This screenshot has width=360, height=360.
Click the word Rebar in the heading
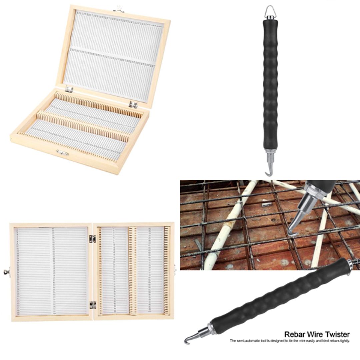point(295,334)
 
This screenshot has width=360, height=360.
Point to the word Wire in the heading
point(316,334)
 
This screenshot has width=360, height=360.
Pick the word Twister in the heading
point(338,334)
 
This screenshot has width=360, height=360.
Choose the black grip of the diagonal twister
point(283,297)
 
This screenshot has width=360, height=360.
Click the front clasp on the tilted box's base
point(62,153)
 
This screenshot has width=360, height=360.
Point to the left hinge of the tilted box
point(69,89)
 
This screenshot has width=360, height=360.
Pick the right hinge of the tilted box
point(133,105)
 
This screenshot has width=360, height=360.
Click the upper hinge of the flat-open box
point(92,239)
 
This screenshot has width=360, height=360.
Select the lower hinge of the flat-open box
point(92,304)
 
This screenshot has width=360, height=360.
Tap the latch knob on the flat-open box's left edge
point(6,272)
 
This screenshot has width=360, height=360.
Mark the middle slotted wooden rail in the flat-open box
point(133,271)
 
